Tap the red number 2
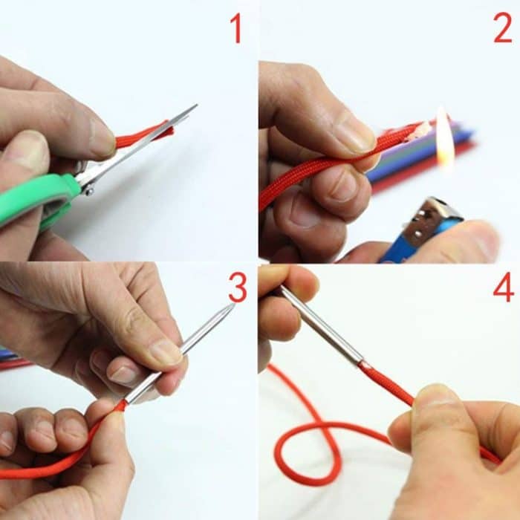tap(502, 28)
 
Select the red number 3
tap(237, 287)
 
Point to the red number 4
tap(503, 287)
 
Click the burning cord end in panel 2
tap(419, 131)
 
